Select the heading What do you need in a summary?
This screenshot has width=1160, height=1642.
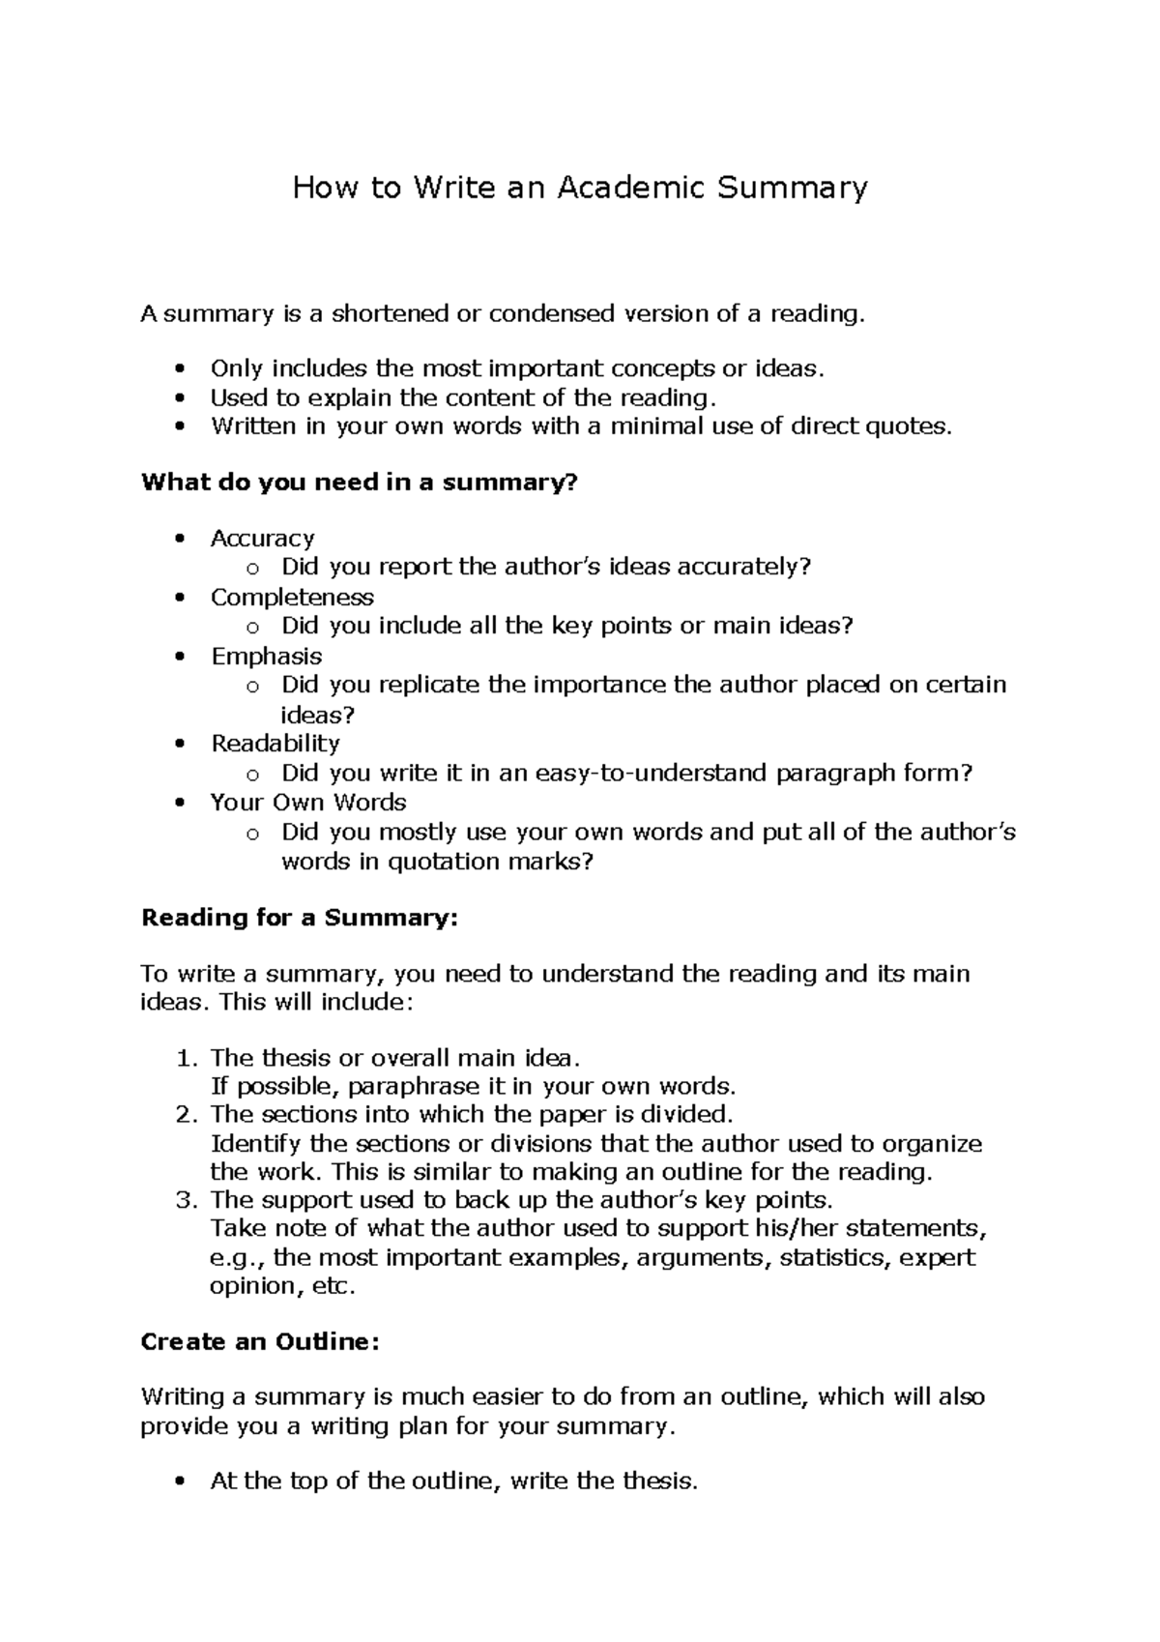click(x=359, y=482)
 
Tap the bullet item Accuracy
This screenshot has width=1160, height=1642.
click(x=263, y=538)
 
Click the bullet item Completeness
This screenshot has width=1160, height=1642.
click(x=292, y=597)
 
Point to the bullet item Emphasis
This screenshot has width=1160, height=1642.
click(x=267, y=656)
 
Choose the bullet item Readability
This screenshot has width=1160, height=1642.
click(x=275, y=744)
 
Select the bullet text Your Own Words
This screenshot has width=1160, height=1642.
click(x=308, y=803)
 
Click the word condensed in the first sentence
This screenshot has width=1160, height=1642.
click(x=551, y=313)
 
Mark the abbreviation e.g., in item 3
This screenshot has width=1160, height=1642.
click(x=238, y=1259)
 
